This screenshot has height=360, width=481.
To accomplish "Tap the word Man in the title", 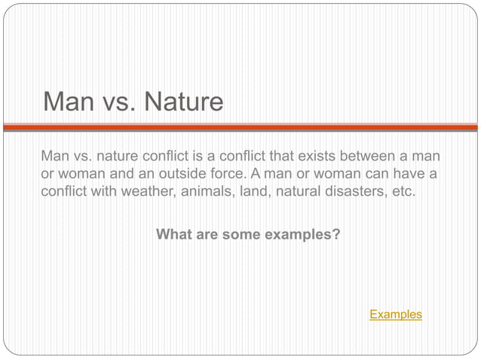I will (68, 101).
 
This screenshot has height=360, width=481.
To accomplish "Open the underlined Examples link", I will (395, 314).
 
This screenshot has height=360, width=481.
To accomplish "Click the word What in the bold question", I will (173, 234).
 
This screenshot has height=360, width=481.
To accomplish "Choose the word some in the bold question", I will (243, 234).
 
